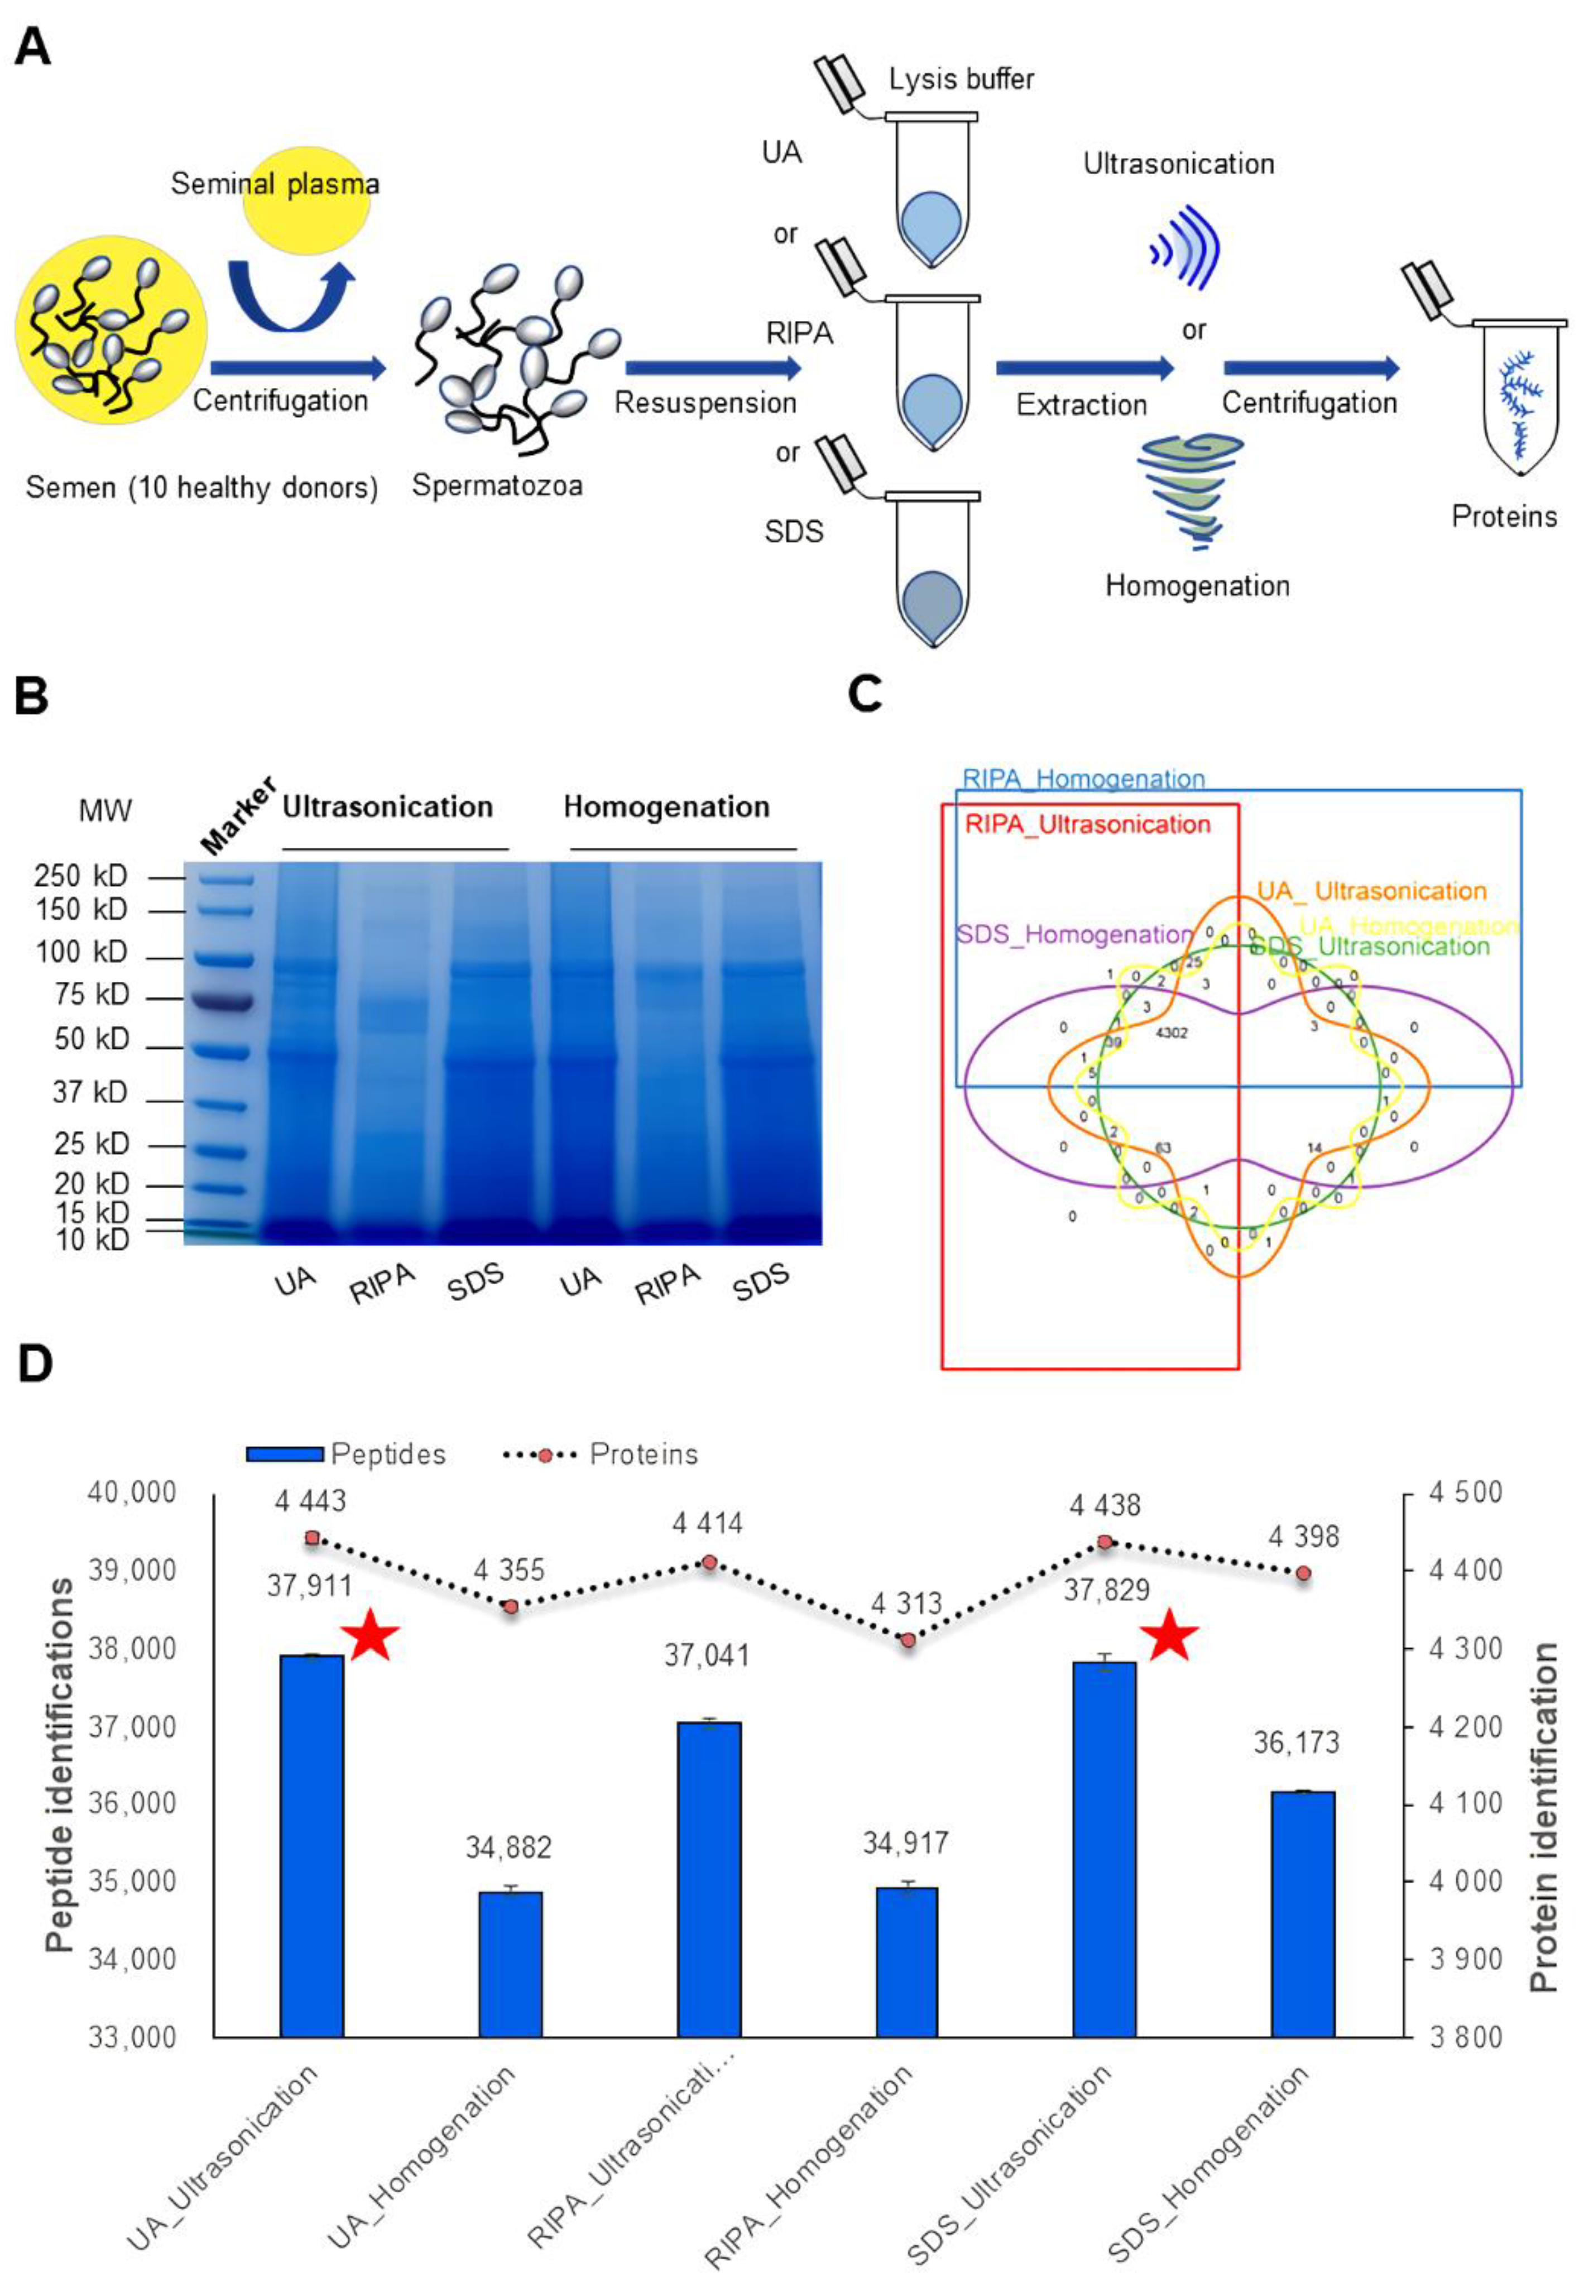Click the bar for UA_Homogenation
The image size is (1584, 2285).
510,1965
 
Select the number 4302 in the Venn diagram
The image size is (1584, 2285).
1171,1033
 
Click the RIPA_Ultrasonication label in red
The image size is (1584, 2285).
1088,824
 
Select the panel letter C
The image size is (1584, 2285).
866,694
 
